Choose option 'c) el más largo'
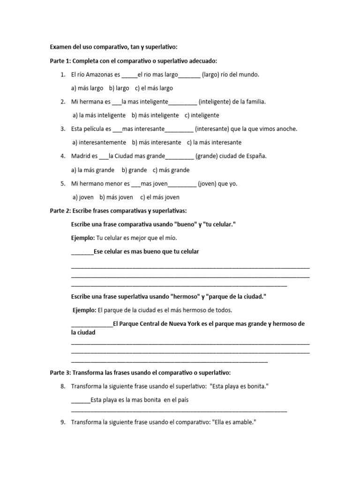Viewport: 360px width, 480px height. click(154, 88)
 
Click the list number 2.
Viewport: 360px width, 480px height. click(62, 102)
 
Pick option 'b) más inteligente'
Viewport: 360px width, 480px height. click(155, 115)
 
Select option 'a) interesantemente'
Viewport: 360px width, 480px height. click(99, 142)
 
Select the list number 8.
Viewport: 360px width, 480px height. click(62, 386)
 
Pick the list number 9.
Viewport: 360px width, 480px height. click(62, 422)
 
